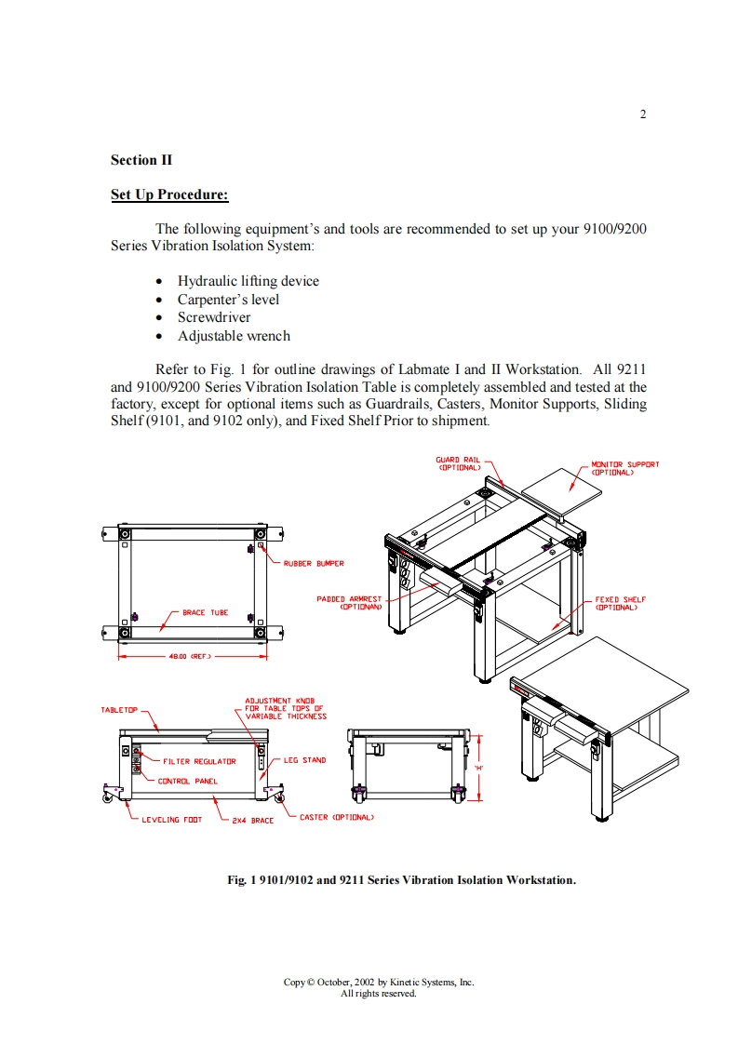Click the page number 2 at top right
click(x=643, y=114)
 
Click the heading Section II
click(x=141, y=160)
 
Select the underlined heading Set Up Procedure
click(x=169, y=194)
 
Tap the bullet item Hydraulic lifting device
click(x=248, y=281)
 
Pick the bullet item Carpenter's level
click(x=228, y=300)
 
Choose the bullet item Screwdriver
click(x=214, y=317)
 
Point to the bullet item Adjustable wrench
click(x=234, y=336)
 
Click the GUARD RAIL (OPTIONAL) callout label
click(x=457, y=463)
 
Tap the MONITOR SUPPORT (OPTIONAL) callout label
click(x=624, y=467)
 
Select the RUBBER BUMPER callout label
click(x=314, y=563)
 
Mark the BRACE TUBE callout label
click(x=205, y=612)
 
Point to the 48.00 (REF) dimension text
click(x=189, y=657)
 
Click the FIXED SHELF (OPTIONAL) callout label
click(x=620, y=603)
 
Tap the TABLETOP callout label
click(x=119, y=710)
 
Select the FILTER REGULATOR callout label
click(x=199, y=761)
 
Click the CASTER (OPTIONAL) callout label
click(x=336, y=817)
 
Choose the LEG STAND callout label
click(x=304, y=760)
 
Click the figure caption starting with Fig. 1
click(x=402, y=879)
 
